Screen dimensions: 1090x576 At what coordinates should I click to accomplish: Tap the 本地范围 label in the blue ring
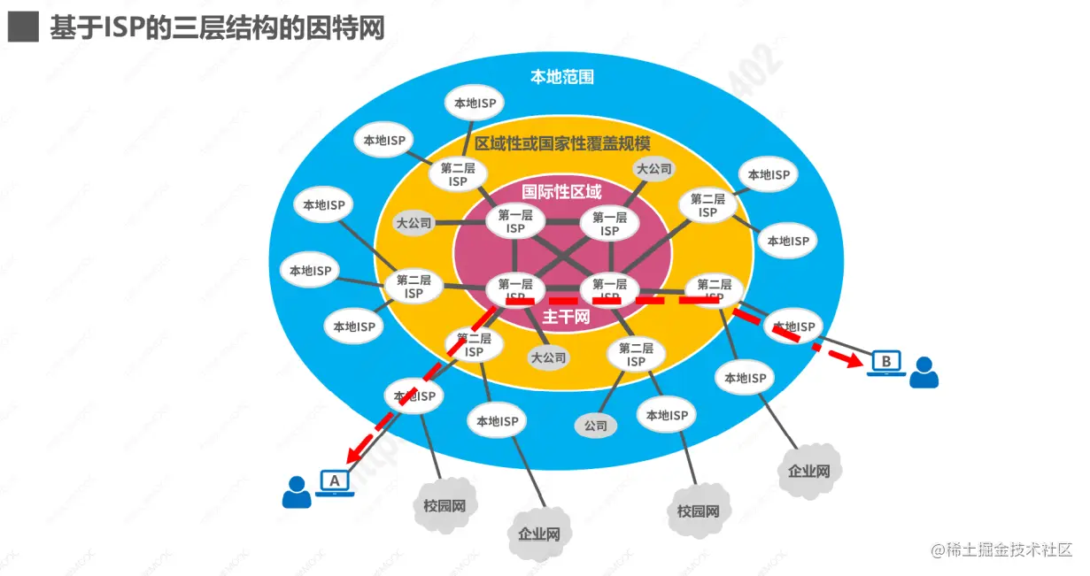coord(561,77)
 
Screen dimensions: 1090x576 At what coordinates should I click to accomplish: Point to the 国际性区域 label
coord(561,191)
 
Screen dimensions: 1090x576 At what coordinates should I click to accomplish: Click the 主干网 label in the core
coord(566,317)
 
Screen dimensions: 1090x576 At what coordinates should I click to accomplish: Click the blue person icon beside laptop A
coord(297,492)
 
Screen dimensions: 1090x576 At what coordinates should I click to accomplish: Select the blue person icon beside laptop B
coord(924,372)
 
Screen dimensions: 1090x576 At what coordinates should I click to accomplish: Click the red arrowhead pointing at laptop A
coord(355,457)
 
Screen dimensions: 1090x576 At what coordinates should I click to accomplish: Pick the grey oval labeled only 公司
coord(596,426)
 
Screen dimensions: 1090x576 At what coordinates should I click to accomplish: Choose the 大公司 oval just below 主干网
coord(548,358)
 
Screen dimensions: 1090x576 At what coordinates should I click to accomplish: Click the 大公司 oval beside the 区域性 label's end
coord(654,168)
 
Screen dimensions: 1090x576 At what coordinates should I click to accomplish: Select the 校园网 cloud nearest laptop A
coord(445,506)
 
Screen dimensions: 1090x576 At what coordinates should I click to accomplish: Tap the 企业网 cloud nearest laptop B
coord(808,470)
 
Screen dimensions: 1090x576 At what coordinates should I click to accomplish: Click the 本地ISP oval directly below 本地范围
coord(475,103)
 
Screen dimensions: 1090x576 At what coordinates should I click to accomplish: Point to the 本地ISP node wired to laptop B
coord(793,326)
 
